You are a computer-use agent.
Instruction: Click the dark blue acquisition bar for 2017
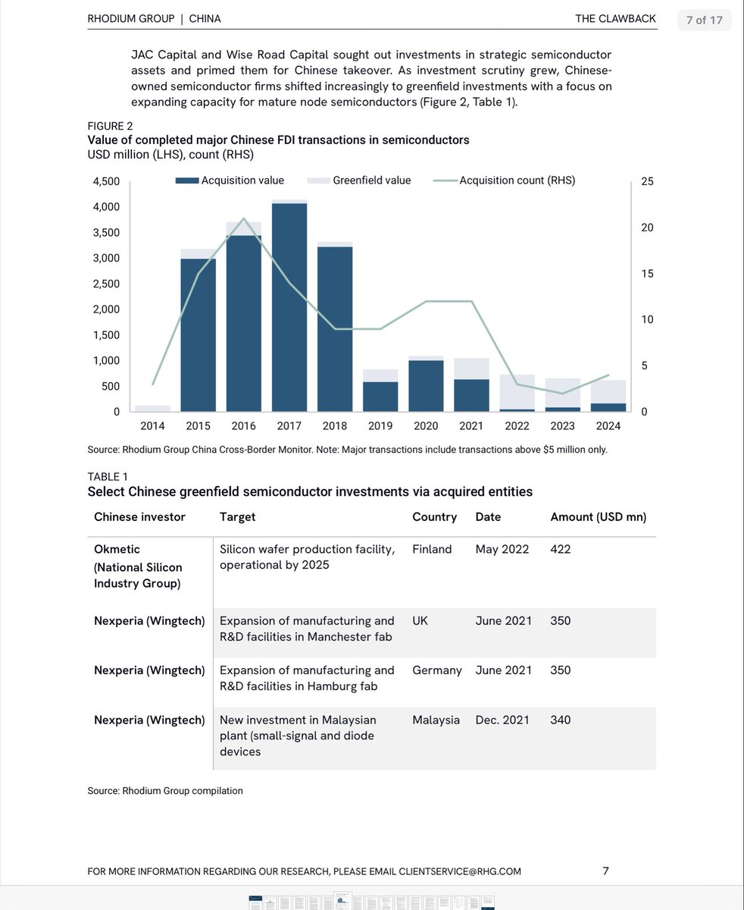click(289, 307)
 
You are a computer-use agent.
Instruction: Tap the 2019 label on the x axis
click(380, 426)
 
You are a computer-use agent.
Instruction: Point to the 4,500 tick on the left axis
click(106, 181)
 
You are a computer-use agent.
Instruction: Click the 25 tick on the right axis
click(646, 181)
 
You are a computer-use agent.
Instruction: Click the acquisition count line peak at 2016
click(243, 218)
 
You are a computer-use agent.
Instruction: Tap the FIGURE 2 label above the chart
click(110, 126)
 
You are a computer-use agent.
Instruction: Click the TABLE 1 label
click(108, 476)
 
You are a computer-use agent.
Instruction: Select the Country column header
click(434, 516)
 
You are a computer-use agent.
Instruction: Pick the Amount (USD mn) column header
click(598, 516)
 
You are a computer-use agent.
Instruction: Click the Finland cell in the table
click(432, 549)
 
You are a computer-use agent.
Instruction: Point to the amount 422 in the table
click(560, 549)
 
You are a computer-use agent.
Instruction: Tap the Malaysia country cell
click(436, 720)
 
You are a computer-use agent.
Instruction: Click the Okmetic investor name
click(117, 549)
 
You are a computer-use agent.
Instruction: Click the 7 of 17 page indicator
click(704, 20)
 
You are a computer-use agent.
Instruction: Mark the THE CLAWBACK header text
click(615, 18)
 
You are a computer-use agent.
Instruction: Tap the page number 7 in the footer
click(605, 871)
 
